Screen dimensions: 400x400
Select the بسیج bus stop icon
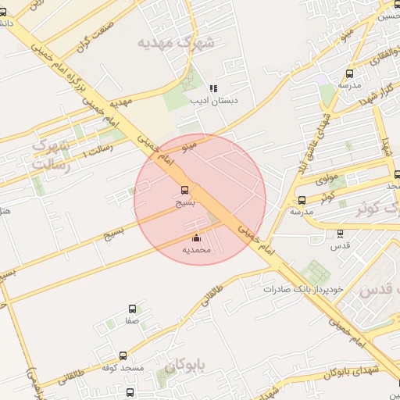point(185,190)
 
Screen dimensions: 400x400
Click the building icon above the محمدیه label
point(195,238)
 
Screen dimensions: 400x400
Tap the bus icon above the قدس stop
point(340,233)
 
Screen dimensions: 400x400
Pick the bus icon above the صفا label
point(131,309)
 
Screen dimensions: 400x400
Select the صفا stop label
point(131,320)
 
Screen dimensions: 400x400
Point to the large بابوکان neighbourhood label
point(184,365)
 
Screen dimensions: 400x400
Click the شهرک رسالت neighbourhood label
point(52,154)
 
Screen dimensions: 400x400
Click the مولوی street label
point(326,180)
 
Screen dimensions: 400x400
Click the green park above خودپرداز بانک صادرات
point(316,272)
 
